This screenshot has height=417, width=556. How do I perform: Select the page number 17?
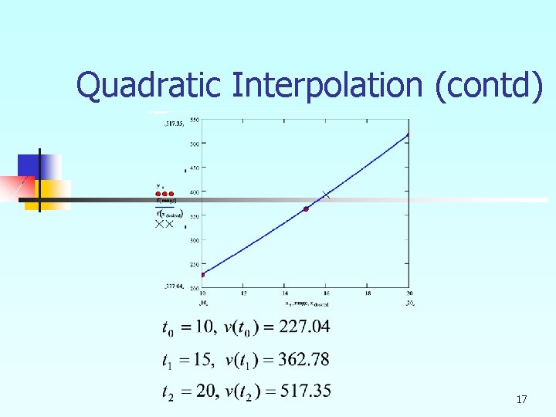coord(521,399)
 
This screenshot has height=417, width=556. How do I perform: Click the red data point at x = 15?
coord(306,209)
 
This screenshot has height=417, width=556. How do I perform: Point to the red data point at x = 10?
coord(203,274)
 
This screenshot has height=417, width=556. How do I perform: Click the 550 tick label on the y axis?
coord(194,120)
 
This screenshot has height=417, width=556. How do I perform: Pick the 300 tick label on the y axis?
coord(194,240)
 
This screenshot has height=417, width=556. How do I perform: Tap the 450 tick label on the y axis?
coord(194,168)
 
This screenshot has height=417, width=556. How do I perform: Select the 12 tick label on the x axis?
coord(244,293)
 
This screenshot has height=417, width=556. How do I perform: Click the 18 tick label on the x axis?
coord(368,293)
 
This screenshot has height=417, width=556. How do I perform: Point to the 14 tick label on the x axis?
coord(285,293)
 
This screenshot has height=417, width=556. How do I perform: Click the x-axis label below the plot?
coord(304,303)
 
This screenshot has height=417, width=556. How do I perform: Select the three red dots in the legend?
coord(166,193)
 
